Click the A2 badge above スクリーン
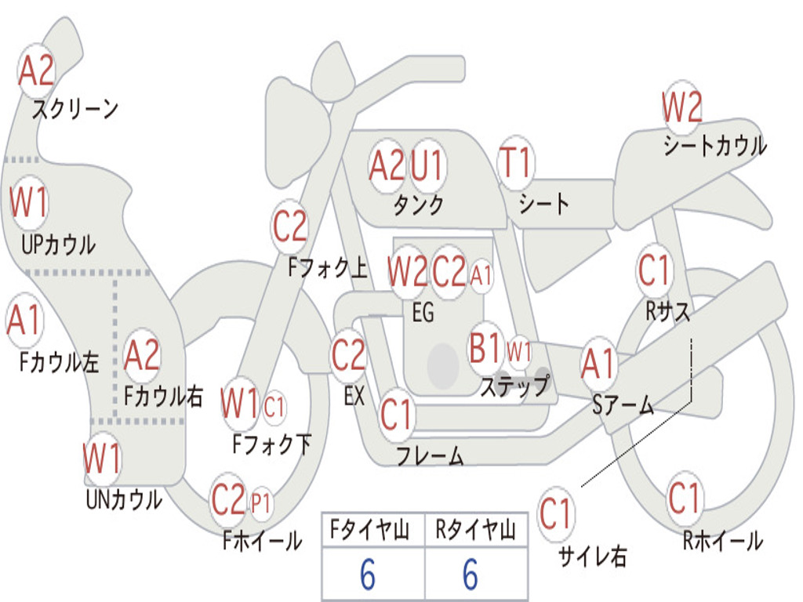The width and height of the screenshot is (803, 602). (36, 71)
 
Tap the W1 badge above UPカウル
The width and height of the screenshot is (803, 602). (29, 202)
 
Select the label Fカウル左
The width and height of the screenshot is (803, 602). (60, 362)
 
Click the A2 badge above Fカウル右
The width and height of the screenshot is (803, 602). (142, 355)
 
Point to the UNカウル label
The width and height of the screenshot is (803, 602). (124, 499)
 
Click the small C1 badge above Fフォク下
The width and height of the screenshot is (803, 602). (274, 407)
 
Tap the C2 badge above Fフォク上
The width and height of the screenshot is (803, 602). (289, 227)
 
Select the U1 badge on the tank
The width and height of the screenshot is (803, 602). (427, 165)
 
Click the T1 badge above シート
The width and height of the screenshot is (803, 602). (516, 163)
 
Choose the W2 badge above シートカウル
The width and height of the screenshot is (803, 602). (681, 107)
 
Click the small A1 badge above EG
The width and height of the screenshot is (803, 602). (481, 275)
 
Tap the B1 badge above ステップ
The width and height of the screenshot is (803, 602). (485, 348)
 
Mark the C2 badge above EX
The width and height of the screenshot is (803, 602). (348, 355)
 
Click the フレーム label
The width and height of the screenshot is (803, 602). (430, 455)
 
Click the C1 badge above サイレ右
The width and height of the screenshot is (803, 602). (556, 514)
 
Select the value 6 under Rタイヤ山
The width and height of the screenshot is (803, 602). (471, 575)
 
